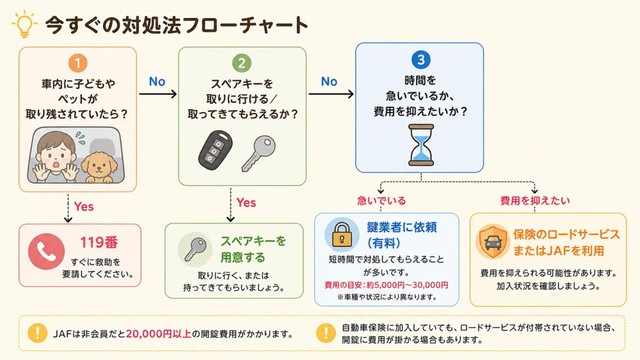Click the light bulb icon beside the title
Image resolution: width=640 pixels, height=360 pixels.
point(24,24)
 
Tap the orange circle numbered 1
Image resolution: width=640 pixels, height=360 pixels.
point(78,63)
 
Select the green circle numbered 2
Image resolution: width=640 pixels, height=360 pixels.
point(242,63)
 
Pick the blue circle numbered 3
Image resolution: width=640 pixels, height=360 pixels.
point(420,60)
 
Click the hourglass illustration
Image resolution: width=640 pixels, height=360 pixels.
point(421,145)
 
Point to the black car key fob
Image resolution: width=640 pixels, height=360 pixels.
point(216,150)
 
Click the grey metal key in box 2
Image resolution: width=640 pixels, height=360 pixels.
point(258,153)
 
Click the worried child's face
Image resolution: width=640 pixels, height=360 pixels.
point(56,155)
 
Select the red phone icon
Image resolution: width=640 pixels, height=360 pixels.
point(47,251)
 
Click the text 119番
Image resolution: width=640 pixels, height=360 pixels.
point(98,242)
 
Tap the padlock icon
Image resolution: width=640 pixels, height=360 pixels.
point(342,234)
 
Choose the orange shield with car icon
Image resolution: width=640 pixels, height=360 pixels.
point(493,242)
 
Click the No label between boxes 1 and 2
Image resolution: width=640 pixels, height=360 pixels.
point(157,82)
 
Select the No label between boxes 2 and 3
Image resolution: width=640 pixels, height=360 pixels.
point(329,82)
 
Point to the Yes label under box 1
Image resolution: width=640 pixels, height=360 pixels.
point(84,207)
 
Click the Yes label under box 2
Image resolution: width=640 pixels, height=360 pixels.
point(246,202)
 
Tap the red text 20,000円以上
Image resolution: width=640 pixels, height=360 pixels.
point(159,334)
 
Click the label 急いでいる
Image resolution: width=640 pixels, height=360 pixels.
point(382,200)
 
